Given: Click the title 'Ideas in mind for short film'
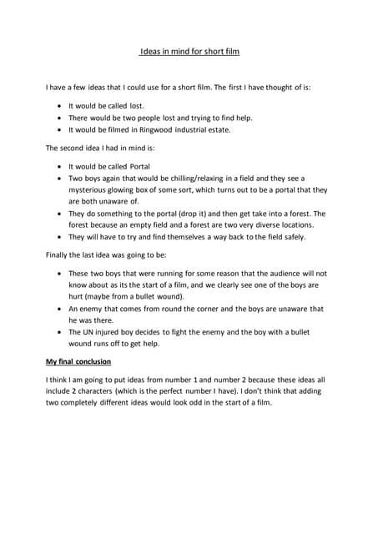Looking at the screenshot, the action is (189, 52).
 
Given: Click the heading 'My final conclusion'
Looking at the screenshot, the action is (78, 361).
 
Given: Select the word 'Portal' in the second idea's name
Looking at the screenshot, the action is (136, 165).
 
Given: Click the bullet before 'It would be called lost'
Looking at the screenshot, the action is (58, 106).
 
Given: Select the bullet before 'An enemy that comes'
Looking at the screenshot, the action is (58, 308).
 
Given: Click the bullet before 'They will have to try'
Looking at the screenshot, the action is (58, 237).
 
